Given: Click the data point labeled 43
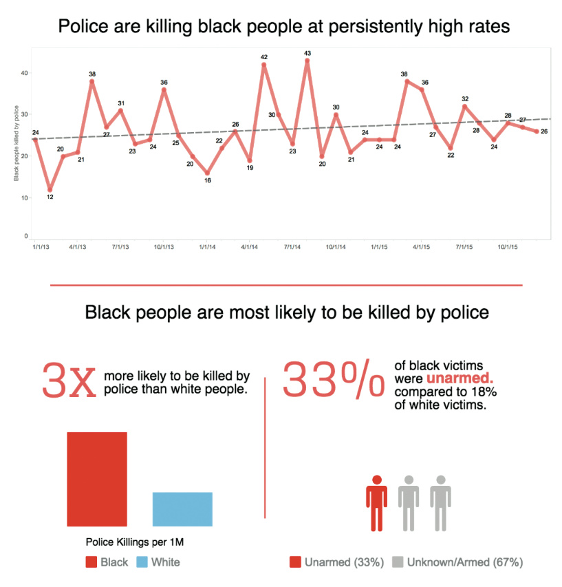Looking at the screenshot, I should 307,61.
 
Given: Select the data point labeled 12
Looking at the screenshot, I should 50,189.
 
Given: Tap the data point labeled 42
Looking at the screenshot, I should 263,65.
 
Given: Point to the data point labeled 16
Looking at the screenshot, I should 207,173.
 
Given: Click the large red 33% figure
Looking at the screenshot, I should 333,381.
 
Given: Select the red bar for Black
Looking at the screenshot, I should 97,479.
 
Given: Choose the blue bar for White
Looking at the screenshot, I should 182,509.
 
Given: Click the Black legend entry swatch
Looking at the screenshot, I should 91,562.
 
